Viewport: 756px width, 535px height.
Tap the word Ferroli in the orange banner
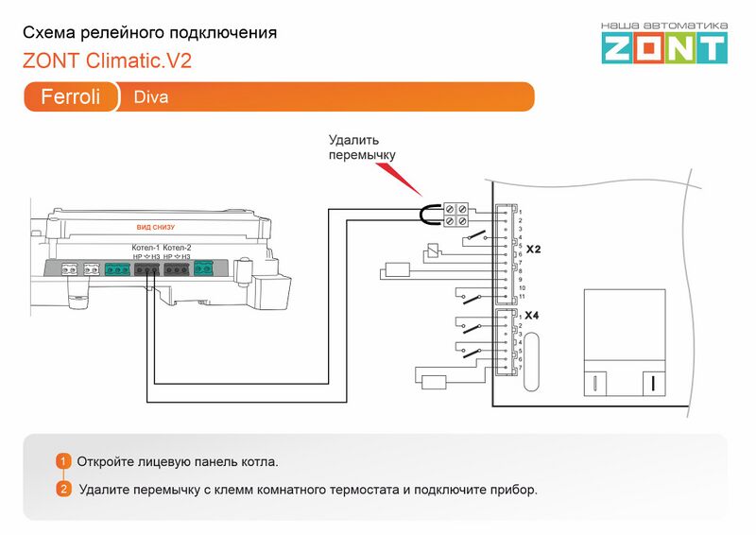click(x=71, y=97)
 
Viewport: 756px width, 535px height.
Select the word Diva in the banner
click(x=151, y=97)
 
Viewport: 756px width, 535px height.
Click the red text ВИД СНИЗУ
click(x=156, y=228)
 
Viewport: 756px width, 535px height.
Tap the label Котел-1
click(x=146, y=248)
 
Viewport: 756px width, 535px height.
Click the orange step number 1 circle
click(x=63, y=461)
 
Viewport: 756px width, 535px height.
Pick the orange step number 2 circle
click(x=63, y=490)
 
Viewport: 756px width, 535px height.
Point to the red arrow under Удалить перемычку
click(x=397, y=180)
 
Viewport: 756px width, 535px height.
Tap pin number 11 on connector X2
click(x=521, y=297)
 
